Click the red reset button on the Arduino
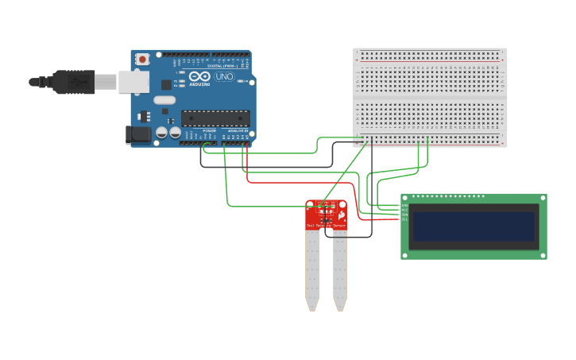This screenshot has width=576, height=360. click(142, 59)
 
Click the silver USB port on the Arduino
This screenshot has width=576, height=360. click(133, 81)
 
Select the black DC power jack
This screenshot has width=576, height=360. click(138, 135)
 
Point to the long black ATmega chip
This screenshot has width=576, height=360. click(215, 118)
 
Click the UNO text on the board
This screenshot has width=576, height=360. click(224, 77)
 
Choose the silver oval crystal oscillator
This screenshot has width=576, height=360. click(164, 100)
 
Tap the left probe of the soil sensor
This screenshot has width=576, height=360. click(312, 270)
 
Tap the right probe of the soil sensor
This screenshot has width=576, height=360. click(340, 270)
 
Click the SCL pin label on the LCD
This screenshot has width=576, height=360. click(404, 219)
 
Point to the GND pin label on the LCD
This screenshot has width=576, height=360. click(404, 205)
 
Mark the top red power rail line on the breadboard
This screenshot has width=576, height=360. click(429, 51)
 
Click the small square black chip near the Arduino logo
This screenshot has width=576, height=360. click(166, 84)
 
